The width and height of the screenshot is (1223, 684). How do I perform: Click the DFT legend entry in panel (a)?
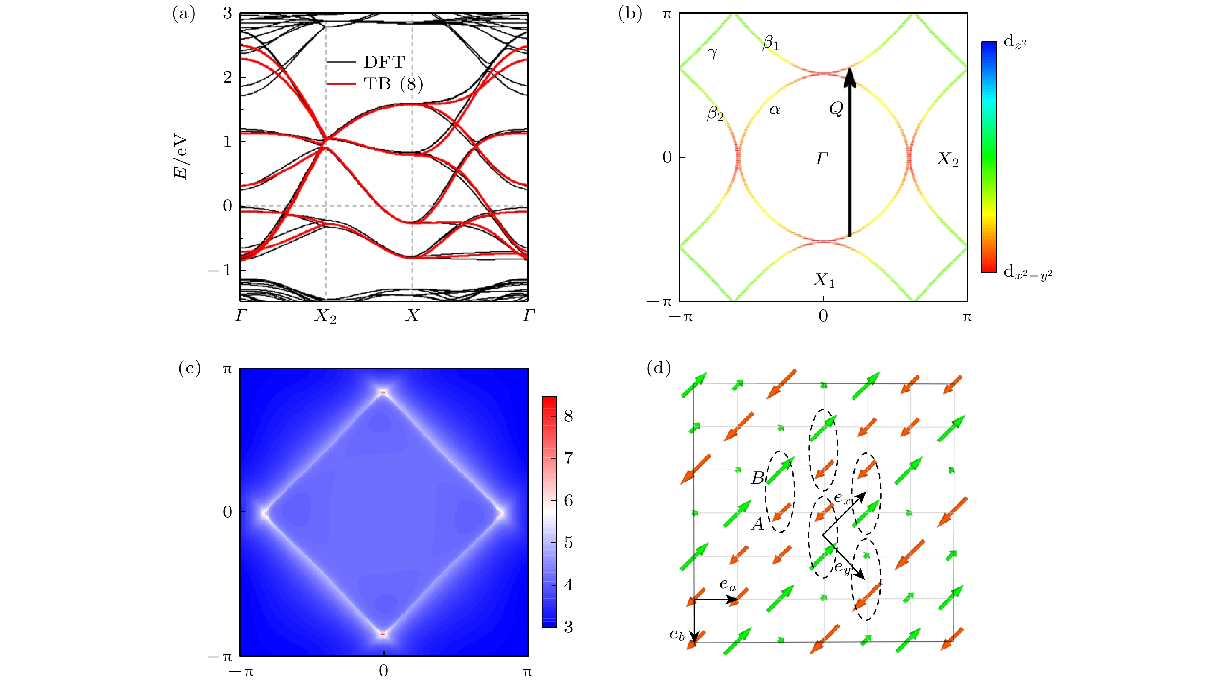click(384, 62)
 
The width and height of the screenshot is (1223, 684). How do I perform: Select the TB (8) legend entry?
click(393, 84)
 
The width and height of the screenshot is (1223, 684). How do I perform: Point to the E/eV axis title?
click(181, 158)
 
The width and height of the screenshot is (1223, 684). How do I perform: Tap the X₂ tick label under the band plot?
click(325, 316)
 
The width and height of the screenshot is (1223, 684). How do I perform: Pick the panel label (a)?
click(184, 14)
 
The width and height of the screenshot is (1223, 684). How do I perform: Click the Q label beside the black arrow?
click(836, 109)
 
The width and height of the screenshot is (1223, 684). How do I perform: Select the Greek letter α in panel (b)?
click(775, 110)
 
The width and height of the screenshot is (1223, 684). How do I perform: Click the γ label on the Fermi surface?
click(712, 53)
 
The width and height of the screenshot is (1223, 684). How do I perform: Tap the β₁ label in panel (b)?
click(770, 44)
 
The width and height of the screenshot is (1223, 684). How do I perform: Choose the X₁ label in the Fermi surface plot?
click(824, 280)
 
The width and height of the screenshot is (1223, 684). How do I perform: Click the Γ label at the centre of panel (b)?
click(822, 159)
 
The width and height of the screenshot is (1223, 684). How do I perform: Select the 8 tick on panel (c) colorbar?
click(568, 416)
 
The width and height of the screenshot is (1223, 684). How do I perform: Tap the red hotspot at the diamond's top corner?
click(383, 393)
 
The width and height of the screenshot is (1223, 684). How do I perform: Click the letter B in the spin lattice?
click(757, 478)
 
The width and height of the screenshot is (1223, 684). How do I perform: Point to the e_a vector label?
click(727, 585)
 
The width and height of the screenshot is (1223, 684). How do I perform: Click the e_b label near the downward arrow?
click(677, 635)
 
